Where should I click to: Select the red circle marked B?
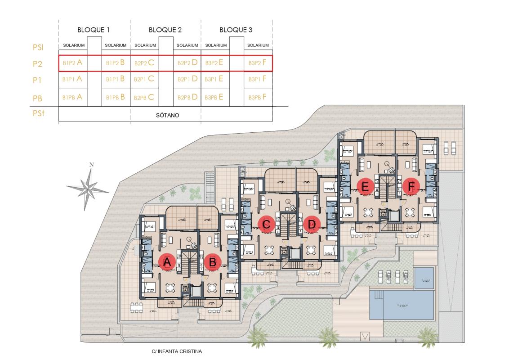point(213,262)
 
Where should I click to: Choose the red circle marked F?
point(410,185)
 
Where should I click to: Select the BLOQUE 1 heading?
point(94,30)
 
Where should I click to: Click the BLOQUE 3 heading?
point(236,30)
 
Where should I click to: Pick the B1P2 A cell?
point(72,63)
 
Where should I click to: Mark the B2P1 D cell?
point(188,79)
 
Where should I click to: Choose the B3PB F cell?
point(258,97)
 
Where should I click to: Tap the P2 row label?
point(37,64)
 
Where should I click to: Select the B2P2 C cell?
point(144,63)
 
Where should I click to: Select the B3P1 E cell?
point(214,79)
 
